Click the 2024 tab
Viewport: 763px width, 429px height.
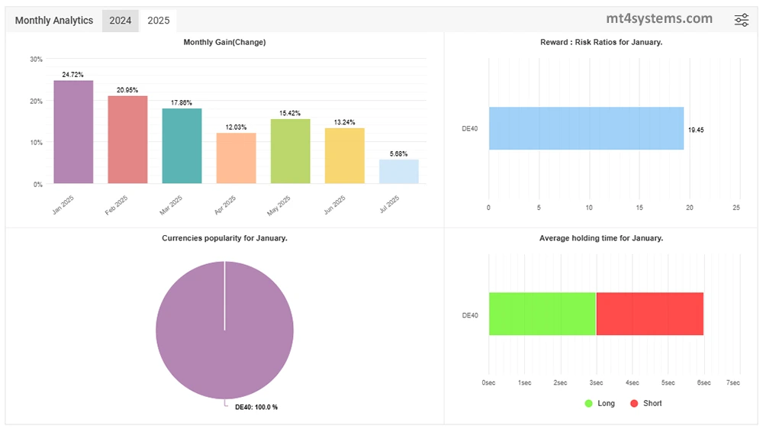point(121,21)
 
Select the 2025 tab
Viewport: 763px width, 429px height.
point(159,21)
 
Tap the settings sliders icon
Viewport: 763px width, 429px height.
point(742,21)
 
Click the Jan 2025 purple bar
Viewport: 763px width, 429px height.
point(73,132)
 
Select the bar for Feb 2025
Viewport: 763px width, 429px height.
point(127,140)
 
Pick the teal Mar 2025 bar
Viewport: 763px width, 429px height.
point(182,146)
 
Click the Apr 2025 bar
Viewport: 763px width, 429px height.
point(236,158)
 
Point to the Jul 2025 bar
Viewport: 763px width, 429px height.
point(399,172)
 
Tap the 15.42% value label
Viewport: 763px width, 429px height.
point(290,113)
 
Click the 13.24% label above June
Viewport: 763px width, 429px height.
point(344,122)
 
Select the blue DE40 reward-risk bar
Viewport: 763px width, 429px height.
point(586,128)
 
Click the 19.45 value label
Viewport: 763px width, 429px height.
point(696,131)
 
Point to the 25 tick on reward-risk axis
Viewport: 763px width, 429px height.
point(736,207)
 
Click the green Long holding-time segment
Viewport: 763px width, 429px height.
point(542,314)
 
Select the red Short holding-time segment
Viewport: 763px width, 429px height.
point(649,314)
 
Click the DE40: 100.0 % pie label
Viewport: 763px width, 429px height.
point(256,408)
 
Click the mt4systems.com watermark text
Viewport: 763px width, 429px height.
point(659,18)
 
